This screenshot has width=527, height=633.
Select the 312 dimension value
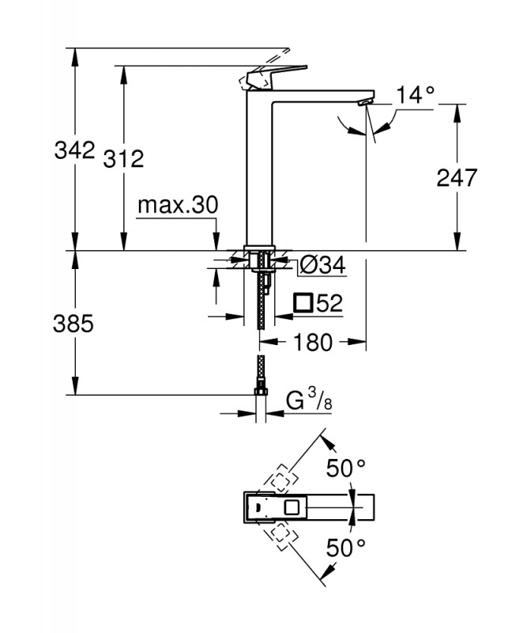click(x=123, y=158)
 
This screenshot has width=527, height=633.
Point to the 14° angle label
click(x=416, y=95)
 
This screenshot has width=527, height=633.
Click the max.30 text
click(x=177, y=206)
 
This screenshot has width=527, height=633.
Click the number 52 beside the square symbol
click(x=331, y=302)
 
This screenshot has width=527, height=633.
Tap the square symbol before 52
click(x=303, y=302)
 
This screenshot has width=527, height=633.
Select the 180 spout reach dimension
click(x=314, y=342)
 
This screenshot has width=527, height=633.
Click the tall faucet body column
click(x=260, y=166)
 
